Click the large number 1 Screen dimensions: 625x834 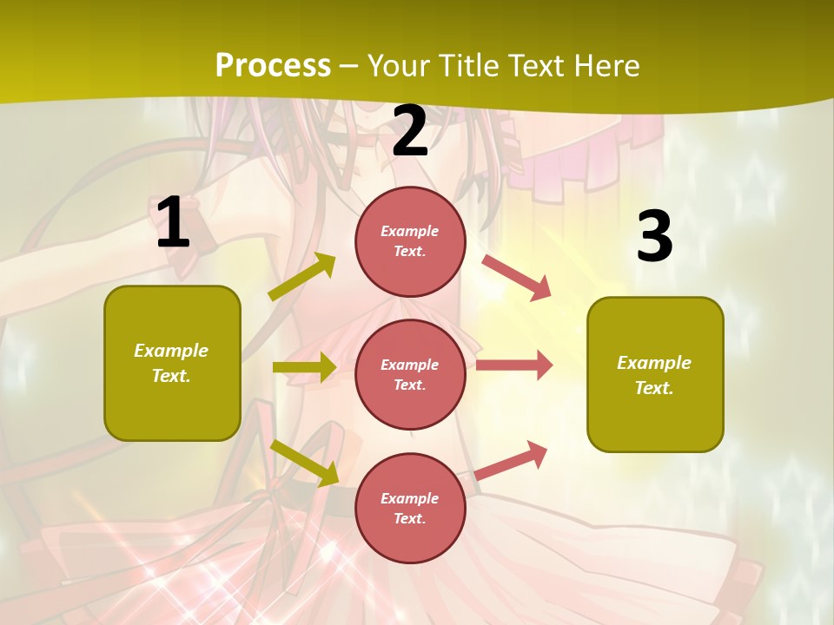[173, 223]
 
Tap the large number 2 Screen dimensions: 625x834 [410, 131]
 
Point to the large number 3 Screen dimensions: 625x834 [654, 236]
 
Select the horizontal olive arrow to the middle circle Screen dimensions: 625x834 [303, 367]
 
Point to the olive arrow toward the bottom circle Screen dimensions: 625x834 [305, 463]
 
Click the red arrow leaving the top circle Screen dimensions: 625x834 [517, 278]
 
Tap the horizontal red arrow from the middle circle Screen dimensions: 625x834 [514, 365]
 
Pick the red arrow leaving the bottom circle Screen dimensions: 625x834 [512, 460]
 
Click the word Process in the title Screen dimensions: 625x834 [273, 65]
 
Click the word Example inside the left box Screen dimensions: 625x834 [171, 351]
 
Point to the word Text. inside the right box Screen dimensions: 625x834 [654, 388]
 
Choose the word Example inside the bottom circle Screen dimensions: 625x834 [409, 498]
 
